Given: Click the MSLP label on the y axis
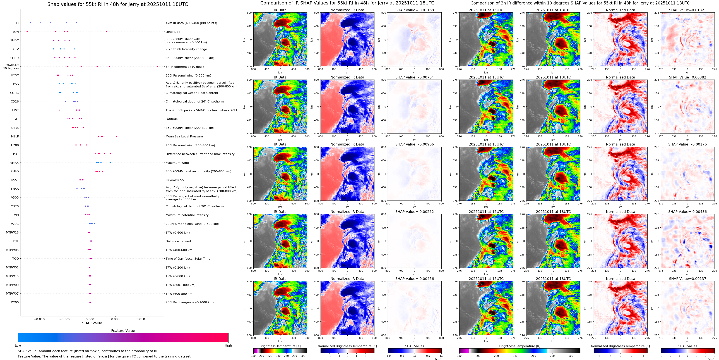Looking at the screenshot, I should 15,136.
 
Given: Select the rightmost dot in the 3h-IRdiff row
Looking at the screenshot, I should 157,66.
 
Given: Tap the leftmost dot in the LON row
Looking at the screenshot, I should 27,32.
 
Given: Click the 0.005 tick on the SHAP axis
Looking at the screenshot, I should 115,319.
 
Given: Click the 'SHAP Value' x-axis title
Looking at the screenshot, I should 92,323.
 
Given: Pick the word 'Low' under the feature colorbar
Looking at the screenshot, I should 18,345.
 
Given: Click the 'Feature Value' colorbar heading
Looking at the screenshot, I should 123,331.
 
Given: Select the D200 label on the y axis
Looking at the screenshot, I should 15,302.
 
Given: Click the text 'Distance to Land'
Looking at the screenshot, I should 178,241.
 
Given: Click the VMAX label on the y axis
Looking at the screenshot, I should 15,163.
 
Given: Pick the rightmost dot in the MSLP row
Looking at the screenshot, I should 116,136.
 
